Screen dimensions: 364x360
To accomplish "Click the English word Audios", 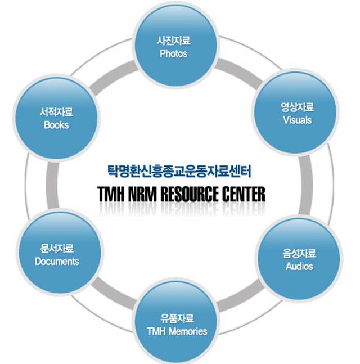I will (299, 266).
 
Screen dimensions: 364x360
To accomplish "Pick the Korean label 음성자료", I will (299, 253).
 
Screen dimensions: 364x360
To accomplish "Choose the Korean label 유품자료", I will (177, 318).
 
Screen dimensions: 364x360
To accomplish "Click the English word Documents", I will (57, 261).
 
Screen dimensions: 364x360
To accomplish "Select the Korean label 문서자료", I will (57, 249).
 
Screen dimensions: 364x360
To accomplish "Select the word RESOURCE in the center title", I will (190, 194).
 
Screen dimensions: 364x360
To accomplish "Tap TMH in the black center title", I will (110, 194).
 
